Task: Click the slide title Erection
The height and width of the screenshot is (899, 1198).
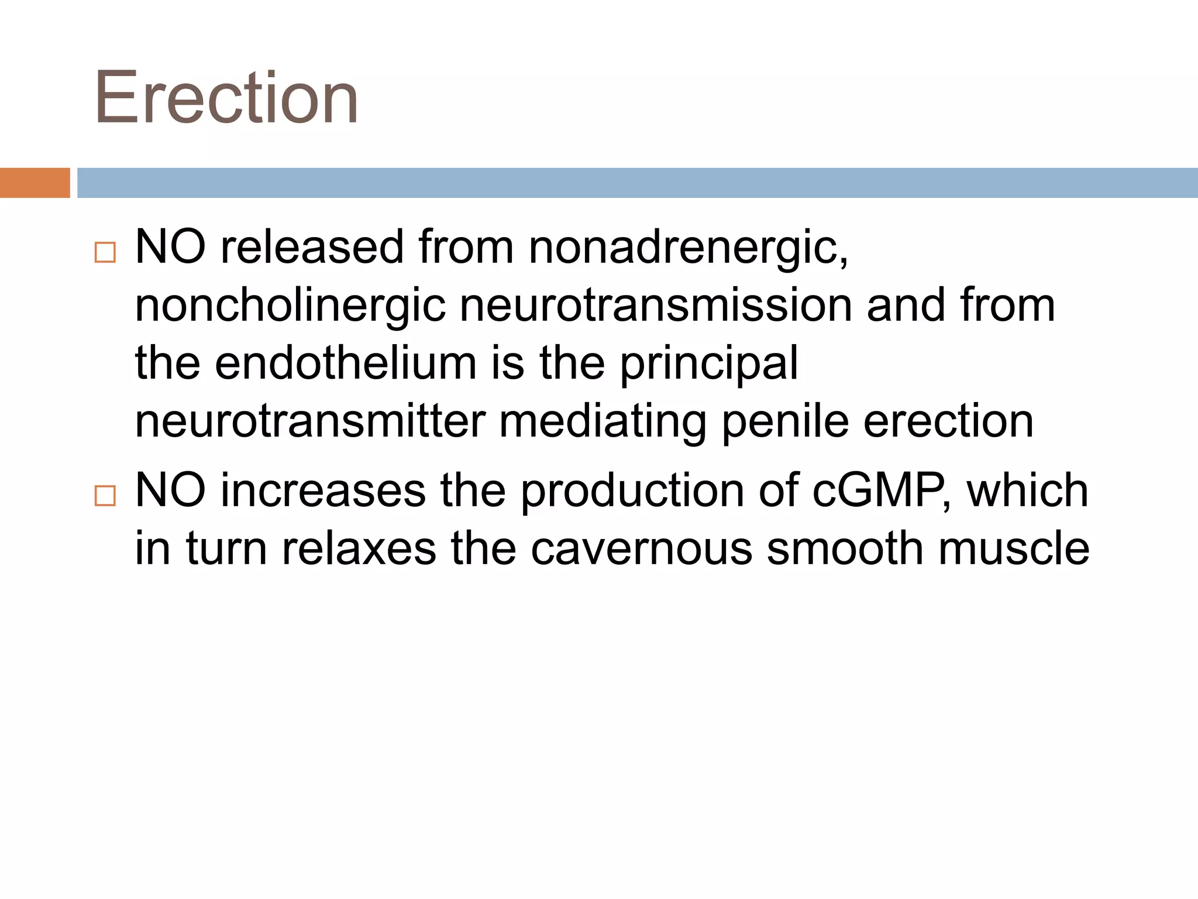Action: coord(226,98)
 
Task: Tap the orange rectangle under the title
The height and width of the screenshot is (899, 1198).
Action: coord(35,183)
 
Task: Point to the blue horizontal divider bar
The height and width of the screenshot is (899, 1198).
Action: coord(637,183)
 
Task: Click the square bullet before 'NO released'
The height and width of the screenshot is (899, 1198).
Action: coord(105,253)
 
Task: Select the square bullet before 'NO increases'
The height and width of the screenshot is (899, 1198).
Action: coord(105,496)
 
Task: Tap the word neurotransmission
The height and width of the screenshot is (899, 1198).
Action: coord(656,306)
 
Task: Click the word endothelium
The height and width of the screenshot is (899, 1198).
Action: coord(346,363)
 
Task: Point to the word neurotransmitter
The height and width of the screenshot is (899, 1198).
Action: coord(310,421)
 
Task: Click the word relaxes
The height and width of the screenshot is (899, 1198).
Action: coord(359,549)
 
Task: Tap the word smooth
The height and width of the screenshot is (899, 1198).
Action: coord(845,549)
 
